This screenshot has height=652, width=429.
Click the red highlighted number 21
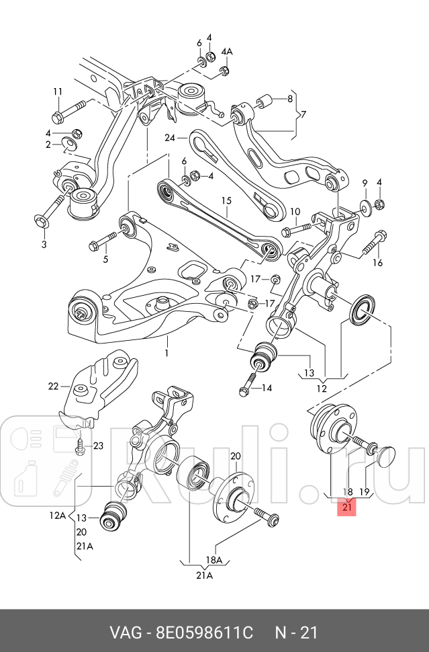tap(347, 507)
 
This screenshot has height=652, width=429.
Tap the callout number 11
tap(58, 91)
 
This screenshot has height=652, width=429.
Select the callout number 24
tap(170, 137)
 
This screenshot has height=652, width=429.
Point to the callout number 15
tap(226, 200)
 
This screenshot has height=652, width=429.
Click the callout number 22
tap(53, 386)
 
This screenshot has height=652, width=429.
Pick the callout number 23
tap(98, 446)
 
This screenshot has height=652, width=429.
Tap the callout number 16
tap(377, 263)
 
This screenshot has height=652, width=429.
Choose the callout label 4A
tap(227, 52)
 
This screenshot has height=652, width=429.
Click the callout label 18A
tap(214, 560)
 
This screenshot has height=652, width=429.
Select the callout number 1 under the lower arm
tap(166, 353)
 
